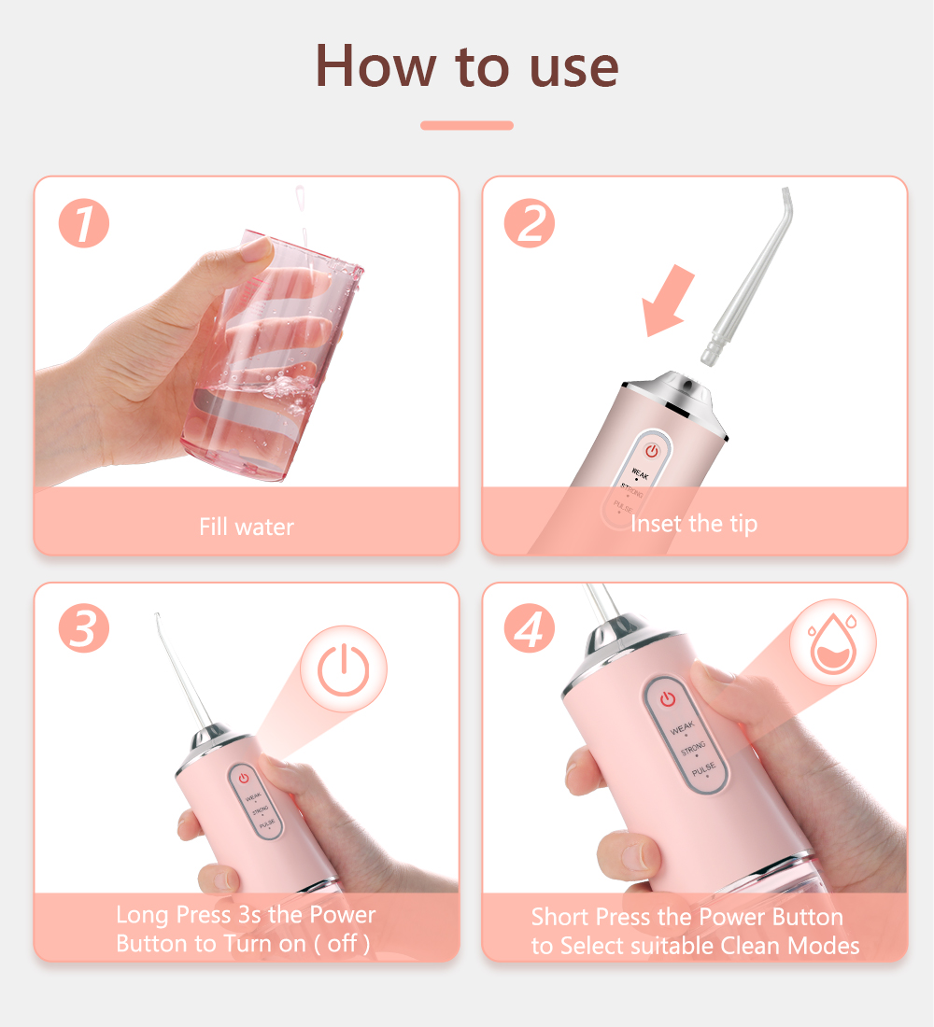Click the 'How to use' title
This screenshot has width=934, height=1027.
pyautogui.click(x=467, y=66)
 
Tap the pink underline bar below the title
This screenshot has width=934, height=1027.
pyautogui.click(x=467, y=125)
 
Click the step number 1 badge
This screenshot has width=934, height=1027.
pyautogui.click(x=84, y=223)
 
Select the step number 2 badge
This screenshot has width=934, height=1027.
pyautogui.click(x=530, y=223)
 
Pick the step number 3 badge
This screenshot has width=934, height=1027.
pyautogui.click(x=84, y=628)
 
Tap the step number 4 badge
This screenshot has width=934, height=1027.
pyautogui.click(x=530, y=628)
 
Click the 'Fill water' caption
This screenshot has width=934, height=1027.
pyautogui.click(x=247, y=527)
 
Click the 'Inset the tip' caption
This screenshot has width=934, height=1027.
pyautogui.click(x=693, y=524)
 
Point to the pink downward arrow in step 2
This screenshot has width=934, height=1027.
pyautogui.click(x=666, y=302)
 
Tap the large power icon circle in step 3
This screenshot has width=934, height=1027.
pyautogui.click(x=344, y=669)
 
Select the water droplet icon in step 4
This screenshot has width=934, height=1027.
pyautogui.click(x=833, y=642)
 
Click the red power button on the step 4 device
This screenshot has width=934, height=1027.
pyautogui.click(x=667, y=699)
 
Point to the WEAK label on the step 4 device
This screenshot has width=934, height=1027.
pyautogui.click(x=683, y=727)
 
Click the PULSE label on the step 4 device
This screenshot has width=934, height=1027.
pyautogui.click(x=703, y=769)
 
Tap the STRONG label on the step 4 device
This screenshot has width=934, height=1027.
pyautogui.click(x=693, y=748)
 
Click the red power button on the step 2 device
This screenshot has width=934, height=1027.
pyautogui.click(x=652, y=451)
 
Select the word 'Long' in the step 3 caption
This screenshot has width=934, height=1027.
pyautogui.click(x=142, y=915)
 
